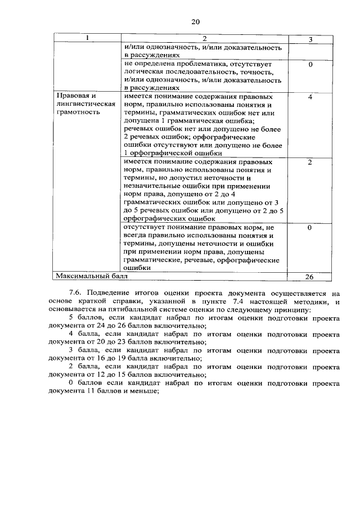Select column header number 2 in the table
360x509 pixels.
point(205,38)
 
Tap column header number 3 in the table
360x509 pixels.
point(310,39)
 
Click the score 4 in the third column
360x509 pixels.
point(310,97)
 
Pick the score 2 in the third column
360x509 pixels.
point(310,162)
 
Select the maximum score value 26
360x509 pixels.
point(310,277)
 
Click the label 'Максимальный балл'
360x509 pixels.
point(91,276)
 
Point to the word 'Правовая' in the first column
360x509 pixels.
point(74,96)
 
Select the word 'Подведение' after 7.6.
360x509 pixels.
point(107,294)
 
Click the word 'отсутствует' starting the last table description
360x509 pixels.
point(145,227)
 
